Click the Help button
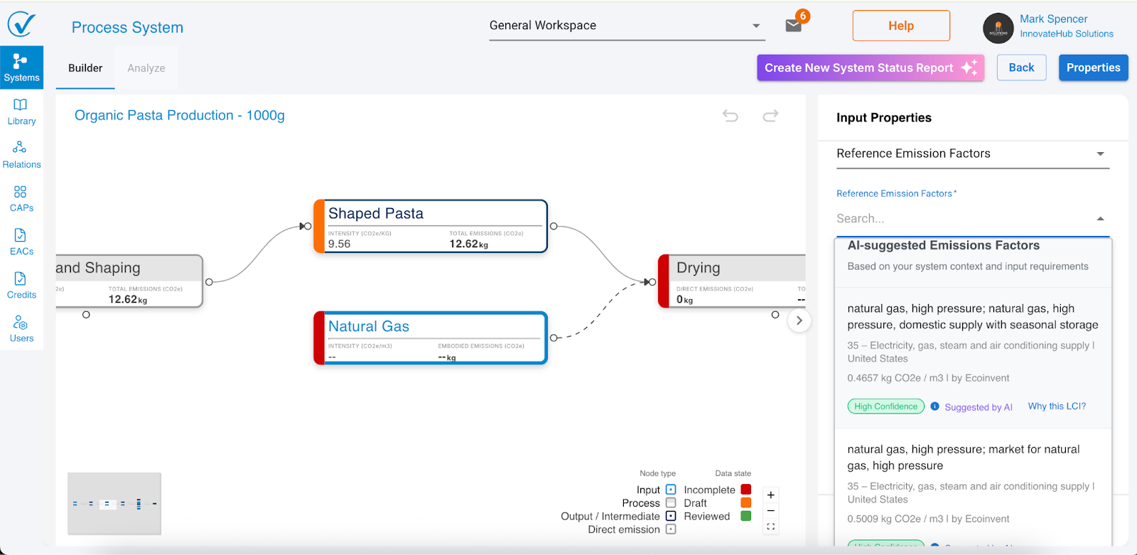click(900, 26)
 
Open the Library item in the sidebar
click(21, 112)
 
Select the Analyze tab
click(146, 68)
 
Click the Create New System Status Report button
click(870, 68)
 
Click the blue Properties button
click(1093, 68)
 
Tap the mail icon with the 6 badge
click(794, 26)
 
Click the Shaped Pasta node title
click(375, 213)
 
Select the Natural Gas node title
click(368, 326)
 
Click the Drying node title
click(698, 268)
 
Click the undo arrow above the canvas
click(731, 115)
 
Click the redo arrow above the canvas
click(770, 115)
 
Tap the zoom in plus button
click(770, 495)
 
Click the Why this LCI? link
click(1057, 406)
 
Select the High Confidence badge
click(885, 406)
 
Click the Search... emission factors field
click(963, 219)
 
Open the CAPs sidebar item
click(21, 198)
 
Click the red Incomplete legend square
click(746, 490)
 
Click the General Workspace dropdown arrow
click(756, 26)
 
